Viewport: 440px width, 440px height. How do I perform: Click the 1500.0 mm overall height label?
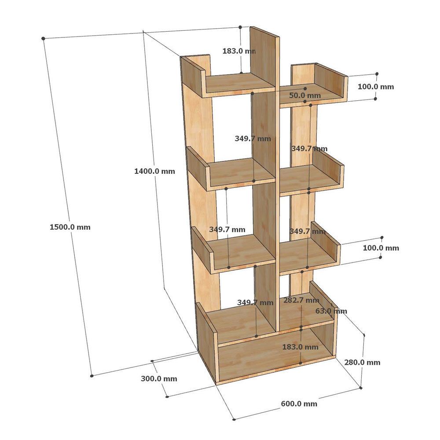[70, 227]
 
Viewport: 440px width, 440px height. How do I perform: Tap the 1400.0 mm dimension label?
[154, 171]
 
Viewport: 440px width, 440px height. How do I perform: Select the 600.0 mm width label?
[299, 404]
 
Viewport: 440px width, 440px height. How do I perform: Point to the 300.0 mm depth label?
[159, 379]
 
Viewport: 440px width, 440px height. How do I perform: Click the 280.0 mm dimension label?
[362, 363]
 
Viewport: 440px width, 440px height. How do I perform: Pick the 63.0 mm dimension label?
[331, 311]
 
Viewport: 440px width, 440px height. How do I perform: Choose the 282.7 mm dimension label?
[301, 300]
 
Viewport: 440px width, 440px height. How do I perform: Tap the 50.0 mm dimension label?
[305, 95]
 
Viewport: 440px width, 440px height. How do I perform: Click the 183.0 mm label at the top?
[239, 51]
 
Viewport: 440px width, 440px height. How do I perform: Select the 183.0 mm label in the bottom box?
[300, 347]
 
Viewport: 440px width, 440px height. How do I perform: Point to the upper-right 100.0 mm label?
[376, 87]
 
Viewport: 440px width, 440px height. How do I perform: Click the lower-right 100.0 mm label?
[381, 248]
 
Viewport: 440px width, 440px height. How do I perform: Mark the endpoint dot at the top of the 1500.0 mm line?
[43, 38]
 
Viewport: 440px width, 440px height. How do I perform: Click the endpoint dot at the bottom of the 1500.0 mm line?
[92, 376]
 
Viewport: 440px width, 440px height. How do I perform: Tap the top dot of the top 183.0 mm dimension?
[240, 27]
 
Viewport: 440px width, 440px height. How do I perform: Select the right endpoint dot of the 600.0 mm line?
[361, 388]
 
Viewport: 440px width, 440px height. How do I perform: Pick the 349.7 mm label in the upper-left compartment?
[253, 139]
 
